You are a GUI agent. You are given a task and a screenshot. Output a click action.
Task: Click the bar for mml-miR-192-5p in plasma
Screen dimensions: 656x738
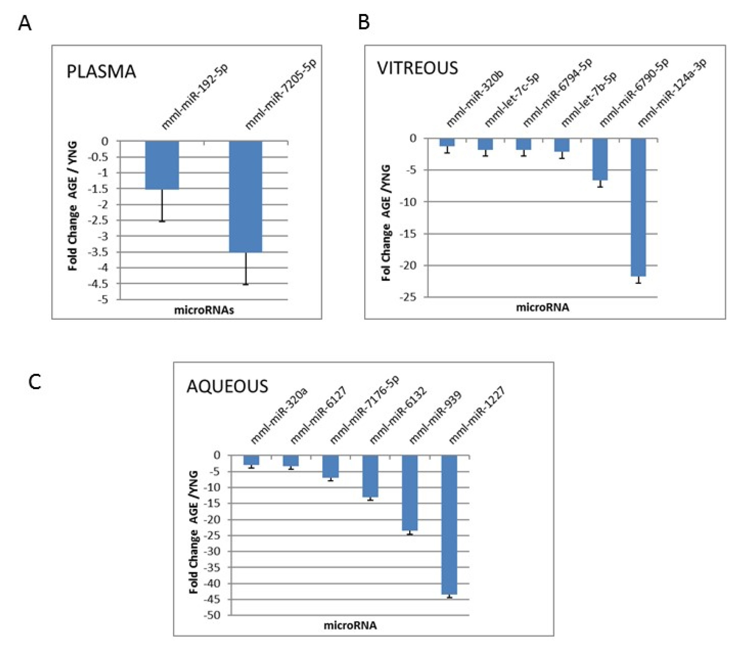coord(162,165)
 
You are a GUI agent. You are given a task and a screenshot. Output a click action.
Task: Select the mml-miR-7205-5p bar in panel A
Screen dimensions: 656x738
coord(245,197)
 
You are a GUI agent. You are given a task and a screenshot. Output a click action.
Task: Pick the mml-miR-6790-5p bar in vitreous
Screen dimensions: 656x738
coord(600,159)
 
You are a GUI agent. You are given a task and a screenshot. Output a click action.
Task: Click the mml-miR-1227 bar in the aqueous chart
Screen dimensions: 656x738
coord(449,524)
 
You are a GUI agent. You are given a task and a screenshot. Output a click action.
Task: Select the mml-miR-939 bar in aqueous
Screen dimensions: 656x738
coord(410,492)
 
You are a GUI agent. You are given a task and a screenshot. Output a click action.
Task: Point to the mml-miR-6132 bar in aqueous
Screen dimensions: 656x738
coord(370,476)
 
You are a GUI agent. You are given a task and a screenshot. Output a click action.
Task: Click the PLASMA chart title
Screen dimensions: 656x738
coord(101,71)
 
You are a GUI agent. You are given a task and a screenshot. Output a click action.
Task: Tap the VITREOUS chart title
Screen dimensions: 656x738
coord(417,68)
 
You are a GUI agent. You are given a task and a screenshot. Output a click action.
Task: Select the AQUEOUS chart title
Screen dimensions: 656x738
coord(227,386)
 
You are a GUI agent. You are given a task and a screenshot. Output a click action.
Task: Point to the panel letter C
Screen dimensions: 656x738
coord(35,382)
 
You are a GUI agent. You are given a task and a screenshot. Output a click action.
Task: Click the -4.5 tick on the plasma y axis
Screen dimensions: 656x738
coord(98,284)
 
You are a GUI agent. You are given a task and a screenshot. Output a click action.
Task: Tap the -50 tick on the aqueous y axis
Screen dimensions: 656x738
coord(211,615)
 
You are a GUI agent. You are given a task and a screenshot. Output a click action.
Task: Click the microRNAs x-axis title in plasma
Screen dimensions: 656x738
coord(204,310)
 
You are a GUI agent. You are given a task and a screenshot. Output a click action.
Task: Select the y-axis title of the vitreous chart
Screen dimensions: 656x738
coord(386,222)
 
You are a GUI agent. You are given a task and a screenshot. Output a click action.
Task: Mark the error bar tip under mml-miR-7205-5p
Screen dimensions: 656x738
coord(245,284)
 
